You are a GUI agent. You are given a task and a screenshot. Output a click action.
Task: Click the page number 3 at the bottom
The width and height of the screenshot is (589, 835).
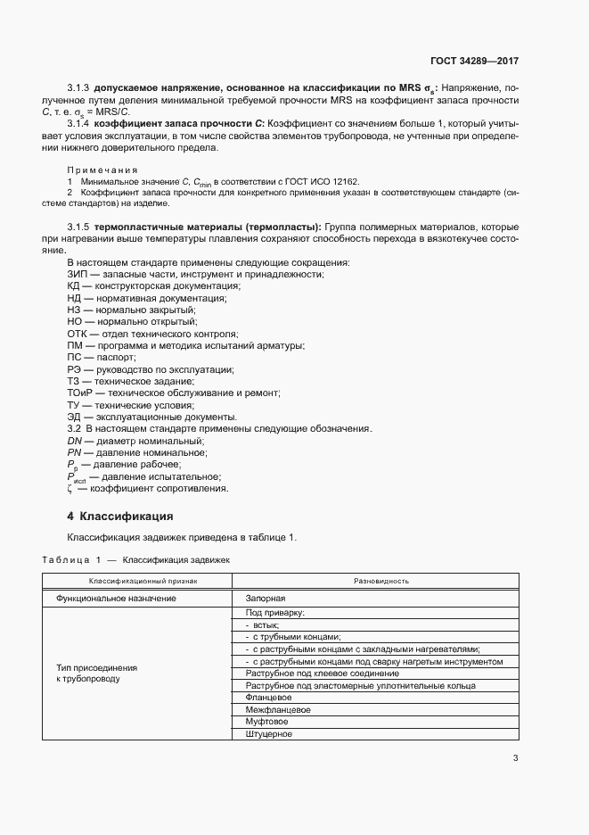tap(515, 758)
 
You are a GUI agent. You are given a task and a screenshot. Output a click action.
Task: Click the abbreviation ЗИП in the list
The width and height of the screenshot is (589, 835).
tap(78, 274)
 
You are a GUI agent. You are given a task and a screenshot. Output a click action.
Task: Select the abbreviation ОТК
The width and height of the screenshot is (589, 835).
tap(78, 334)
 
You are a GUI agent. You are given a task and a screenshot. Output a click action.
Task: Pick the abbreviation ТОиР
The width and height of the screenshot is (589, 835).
tap(80, 393)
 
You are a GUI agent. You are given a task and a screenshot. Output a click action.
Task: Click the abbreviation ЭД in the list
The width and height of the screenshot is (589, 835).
tap(75, 417)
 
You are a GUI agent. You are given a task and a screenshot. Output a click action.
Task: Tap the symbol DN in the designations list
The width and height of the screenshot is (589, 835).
tap(75, 441)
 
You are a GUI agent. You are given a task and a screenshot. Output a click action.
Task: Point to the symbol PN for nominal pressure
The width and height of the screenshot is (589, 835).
tap(75, 452)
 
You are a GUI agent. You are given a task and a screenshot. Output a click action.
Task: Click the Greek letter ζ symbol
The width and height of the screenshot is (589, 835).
tap(70, 488)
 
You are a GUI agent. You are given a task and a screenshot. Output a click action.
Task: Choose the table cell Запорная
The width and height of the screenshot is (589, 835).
tap(265, 597)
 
